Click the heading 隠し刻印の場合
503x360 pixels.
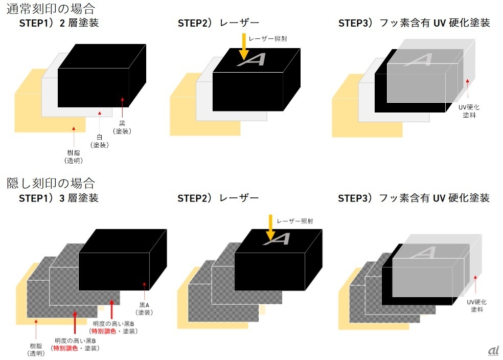click(51, 183)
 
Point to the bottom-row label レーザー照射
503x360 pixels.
click(294, 221)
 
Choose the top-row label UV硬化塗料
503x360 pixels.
click(469, 111)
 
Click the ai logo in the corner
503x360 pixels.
click(493, 350)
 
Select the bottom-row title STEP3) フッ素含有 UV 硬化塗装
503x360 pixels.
click(414, 198)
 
